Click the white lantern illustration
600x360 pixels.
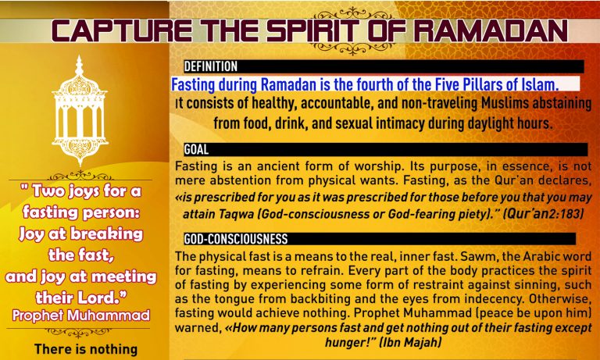(80, 110)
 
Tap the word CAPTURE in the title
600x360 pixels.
(121, 30)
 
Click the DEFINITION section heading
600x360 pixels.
(210, 66)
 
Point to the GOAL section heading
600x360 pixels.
(196, 149)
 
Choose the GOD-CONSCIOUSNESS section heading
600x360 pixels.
(236, 239)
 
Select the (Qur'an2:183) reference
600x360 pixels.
(543, 213)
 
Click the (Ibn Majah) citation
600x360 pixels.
(410, 341)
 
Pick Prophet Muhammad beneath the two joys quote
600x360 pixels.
(80, 315)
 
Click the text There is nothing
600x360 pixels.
(86, 349)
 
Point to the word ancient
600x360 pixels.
(278, 166)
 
